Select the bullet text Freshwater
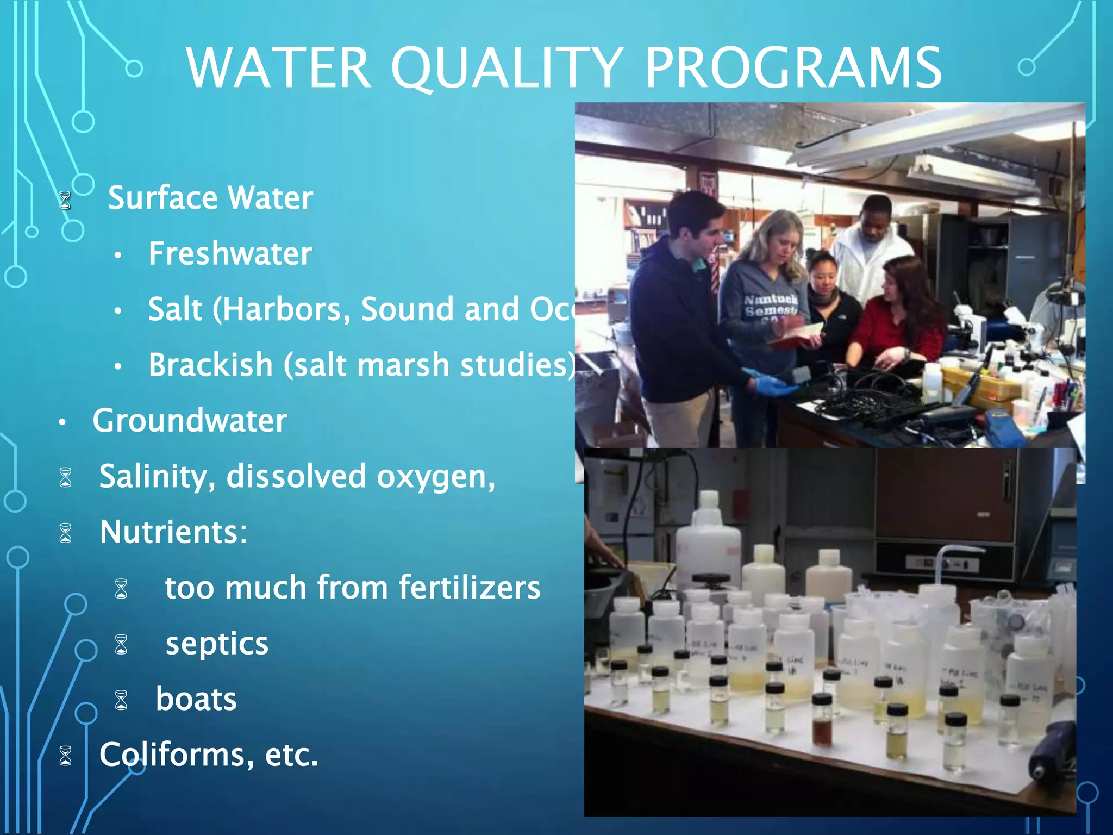[x=230, y=253]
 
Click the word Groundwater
[x=190, y=420]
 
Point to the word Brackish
[x=210, y=364]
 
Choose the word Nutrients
[x=169, y=532]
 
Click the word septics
[x=217, y=644]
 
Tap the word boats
[x=196, y=699]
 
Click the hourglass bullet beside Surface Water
[x=65, y=200]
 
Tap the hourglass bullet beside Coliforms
[x=66, y=756]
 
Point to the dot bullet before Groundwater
[x=63, y=422]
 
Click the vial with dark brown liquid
[x=822, y=723]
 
